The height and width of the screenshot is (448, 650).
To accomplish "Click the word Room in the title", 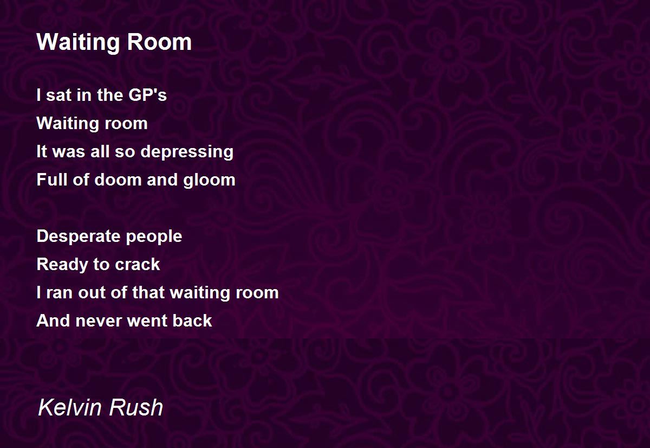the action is pos(159,42).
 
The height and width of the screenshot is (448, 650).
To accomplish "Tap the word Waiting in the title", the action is pos(78,43).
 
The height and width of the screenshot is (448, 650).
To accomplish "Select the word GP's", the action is pos(147,95).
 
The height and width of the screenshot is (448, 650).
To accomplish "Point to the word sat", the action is pos(59,95).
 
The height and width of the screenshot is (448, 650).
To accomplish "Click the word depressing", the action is pos(187,152).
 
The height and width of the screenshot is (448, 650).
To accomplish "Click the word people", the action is pos(154,237).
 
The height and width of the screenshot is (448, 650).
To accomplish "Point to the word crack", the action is pos(137,264).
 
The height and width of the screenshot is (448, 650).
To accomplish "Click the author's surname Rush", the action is pos(136,407).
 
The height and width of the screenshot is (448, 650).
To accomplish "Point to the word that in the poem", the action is pos(148,292).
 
